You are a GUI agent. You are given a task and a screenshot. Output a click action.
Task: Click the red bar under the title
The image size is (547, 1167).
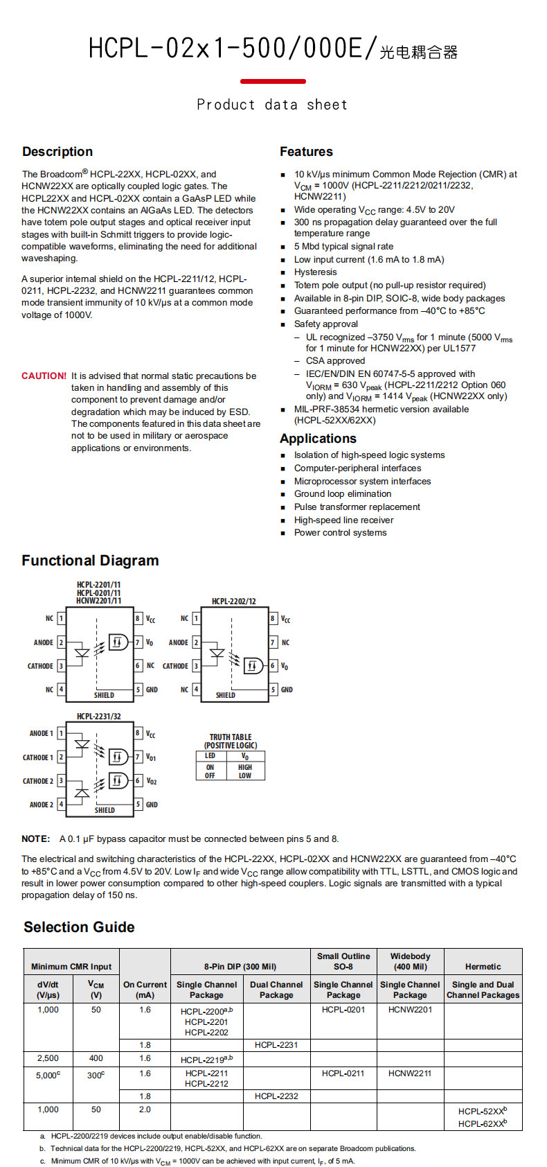(x=273, y=81)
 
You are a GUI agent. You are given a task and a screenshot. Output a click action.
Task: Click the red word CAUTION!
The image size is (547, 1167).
(x=44, y=376)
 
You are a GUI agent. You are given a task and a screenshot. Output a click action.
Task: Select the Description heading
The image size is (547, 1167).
(x=57, y=152)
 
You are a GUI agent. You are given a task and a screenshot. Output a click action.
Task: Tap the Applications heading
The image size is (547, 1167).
(x=318, y=439)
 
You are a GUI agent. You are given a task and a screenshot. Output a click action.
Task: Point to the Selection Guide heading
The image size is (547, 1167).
(x=79, y=927)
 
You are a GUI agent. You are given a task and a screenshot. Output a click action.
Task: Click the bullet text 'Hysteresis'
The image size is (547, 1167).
(x=315, y=272)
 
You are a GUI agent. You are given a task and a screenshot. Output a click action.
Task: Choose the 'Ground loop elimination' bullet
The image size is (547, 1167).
(x=342, y=494)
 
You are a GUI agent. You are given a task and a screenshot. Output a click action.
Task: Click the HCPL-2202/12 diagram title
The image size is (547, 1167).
(x=233, y=602)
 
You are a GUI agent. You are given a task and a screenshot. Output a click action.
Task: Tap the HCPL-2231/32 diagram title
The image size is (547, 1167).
(x=98, y=717)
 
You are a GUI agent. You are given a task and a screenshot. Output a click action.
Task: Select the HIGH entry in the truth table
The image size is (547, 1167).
(x=245, y=767)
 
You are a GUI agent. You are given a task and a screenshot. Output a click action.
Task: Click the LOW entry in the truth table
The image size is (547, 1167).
(x=245, y=776)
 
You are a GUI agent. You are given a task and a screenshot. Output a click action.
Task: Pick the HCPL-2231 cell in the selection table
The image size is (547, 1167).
(x=276, y=1045)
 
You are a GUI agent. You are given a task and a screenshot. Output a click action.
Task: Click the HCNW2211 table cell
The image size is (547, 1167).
(x=410, y=1073)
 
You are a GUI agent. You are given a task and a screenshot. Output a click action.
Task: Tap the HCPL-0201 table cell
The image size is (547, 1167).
(x=343, y=1010)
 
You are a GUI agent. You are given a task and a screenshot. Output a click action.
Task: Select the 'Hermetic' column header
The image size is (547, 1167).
(x=483, y=967)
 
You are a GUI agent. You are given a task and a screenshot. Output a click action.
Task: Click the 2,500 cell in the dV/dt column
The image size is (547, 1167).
(x=48, y=1059)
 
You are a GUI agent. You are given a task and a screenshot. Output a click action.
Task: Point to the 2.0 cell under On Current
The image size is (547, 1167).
(x=145, y=1109)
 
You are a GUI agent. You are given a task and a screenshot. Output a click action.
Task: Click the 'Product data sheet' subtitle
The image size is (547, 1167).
(x=272, y=105)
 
